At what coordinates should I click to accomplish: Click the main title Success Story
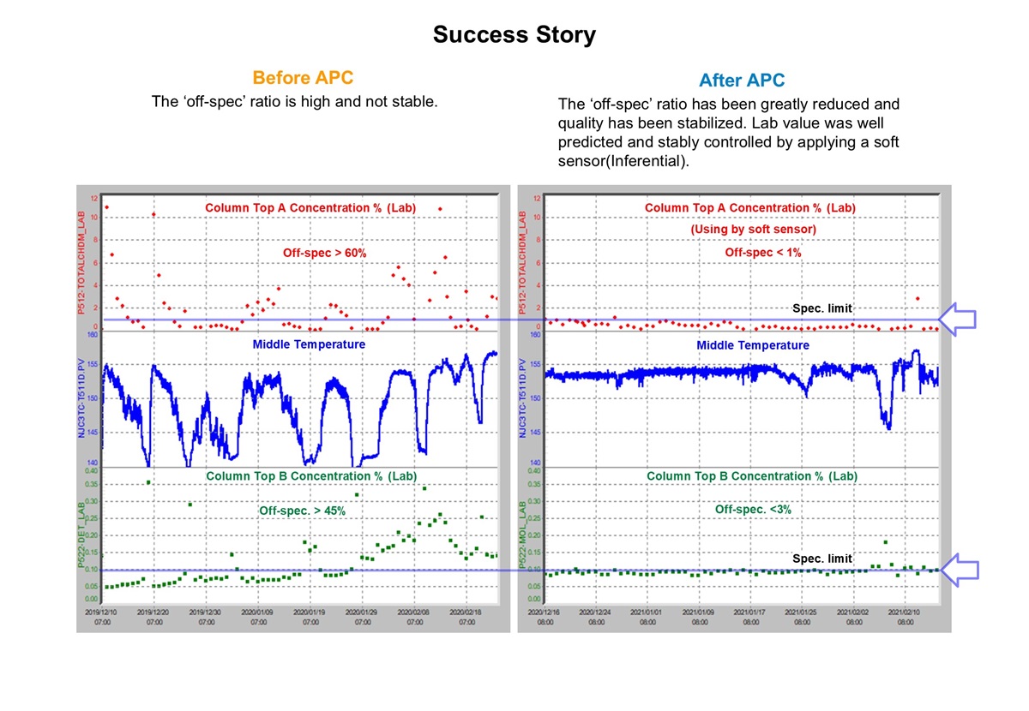click(514, 35)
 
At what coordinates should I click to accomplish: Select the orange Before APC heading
click(303, 78)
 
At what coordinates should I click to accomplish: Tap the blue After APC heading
click(742, 81)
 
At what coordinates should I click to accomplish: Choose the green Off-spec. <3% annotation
click(753, 509)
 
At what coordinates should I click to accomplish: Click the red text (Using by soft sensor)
click(753, 230)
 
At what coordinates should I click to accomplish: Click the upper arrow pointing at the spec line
click(958, 320)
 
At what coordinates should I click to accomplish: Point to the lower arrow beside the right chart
click(958, 570)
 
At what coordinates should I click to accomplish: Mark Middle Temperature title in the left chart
click(309, 344)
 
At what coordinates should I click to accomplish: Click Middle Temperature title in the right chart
click(752, 345)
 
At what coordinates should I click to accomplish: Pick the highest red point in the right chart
click(918, 299)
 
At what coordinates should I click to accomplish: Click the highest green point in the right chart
click(885, 541)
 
